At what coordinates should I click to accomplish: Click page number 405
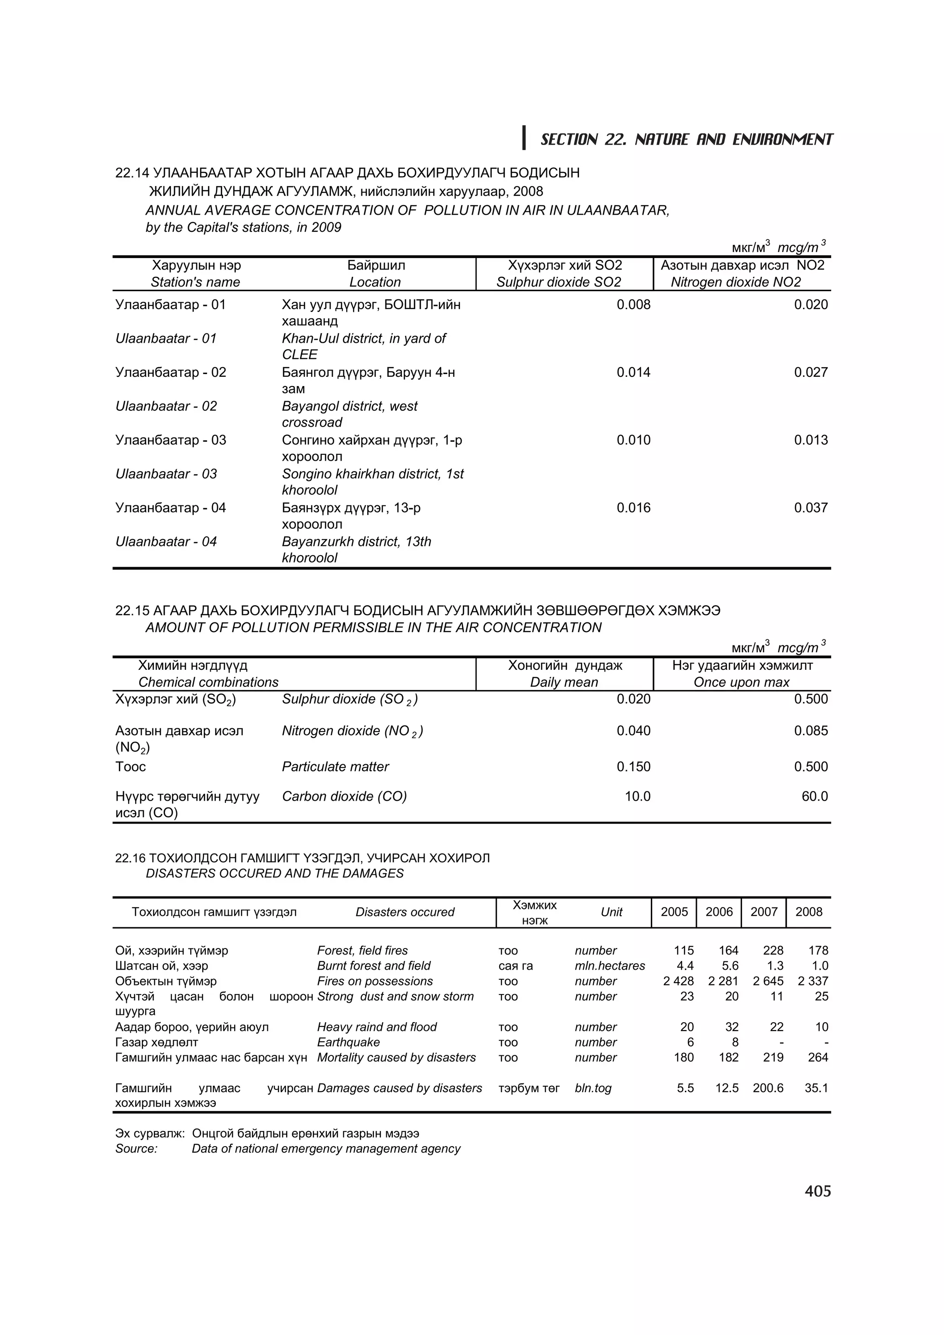pyautogui.click(x=817, y=1191)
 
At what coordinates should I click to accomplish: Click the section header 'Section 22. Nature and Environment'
pyautogui.click(x=686, y=140)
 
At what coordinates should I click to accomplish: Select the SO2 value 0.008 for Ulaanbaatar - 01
pyautogui.click(x=633, y=304)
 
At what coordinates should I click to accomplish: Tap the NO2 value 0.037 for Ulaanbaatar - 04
pyautogui.click(x=810, y=508)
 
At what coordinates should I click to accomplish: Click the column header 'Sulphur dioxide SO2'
pyautogui.click(x=558, y=282)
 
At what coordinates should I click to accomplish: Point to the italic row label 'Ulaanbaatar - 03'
pyautogui.click(x=166, y=474)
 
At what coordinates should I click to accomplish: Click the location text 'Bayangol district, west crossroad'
pyautogui.click(x=349, y=414)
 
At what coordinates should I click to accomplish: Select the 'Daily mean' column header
pyautogui.click(x=564, y=682)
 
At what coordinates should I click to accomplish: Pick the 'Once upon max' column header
pyautogui.click(x=741, y=682)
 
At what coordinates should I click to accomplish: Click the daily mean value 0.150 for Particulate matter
pyautogui.click(x=633, y=767)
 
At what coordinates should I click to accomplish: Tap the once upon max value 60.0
pyautogui.click(x=814, y=796)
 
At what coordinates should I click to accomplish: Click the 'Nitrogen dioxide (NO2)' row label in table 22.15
pyautogui.click(x=352, y=731)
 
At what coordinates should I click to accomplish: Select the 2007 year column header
pyautogui.click(x=763, y=912)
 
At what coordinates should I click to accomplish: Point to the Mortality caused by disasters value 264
pyautogui.click(x=817, y=1057)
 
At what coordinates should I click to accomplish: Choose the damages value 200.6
pyautogui.click(x=768, y=1088)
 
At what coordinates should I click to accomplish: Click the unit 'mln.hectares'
pyautogui.click(x=609, y=966)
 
